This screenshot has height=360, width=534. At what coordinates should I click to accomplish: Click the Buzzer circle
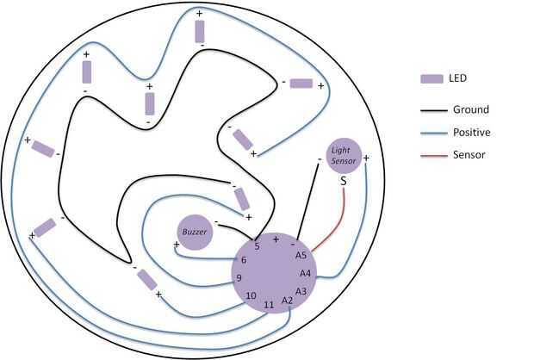195,231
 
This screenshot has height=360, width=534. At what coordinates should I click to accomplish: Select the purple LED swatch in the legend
432,78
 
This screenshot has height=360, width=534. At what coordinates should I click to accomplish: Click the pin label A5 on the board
301,255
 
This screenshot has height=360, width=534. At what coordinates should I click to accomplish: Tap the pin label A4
306,273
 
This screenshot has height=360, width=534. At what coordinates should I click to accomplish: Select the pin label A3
301,291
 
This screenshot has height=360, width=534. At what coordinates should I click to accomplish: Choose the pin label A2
288,301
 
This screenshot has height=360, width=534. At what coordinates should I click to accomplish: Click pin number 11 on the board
269,304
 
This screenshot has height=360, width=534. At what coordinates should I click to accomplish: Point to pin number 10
251,295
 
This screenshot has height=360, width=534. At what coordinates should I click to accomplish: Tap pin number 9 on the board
239,277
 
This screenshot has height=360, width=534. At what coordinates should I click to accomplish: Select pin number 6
244,260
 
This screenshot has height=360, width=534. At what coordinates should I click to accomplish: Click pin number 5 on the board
257,246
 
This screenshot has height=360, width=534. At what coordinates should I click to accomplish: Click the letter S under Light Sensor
343,181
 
